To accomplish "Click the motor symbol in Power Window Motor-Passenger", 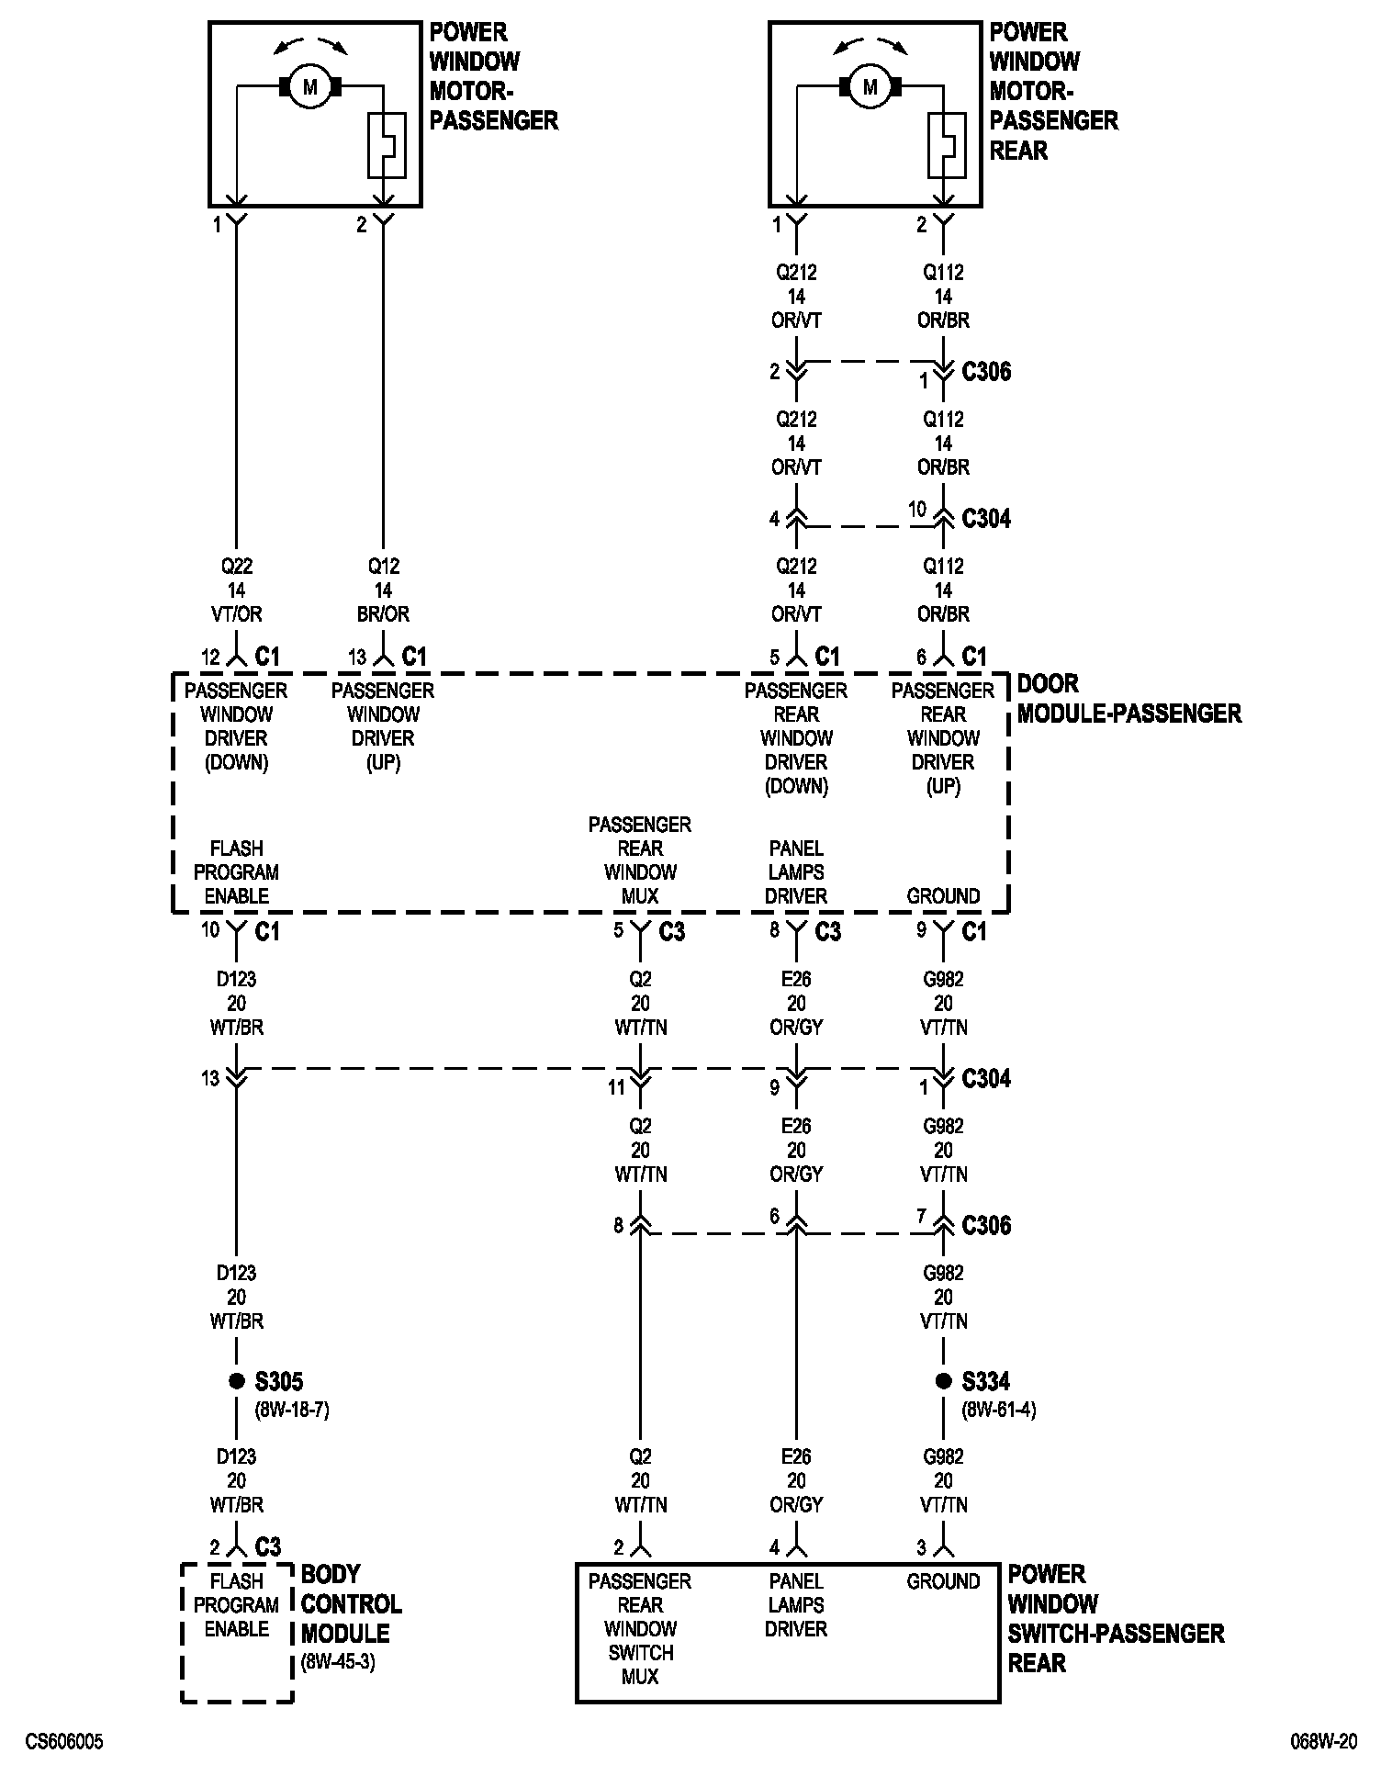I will (x=309, y=87).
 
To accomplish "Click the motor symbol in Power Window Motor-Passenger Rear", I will (x=870, y=87).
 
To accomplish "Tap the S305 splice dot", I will (x=237, y=1380).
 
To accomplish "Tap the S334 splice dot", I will (x=943, y=1380).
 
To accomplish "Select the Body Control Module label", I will (x=351, y=1603).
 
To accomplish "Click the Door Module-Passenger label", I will (x=1128, y=699).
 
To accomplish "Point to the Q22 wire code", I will (x=237, y=567).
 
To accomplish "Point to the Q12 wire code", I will (x=383, y=567).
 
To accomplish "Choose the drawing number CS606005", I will (x=64, y=1742).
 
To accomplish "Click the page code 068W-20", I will (x=1323, y=1742).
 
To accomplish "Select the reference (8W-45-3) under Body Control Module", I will (x=338, y=1662).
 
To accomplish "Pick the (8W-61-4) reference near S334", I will (x=999, y=1410).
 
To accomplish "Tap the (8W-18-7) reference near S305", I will (x=292, y=1410).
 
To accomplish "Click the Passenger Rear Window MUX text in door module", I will (x=640, y=860).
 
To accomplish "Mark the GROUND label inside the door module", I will (x=943, y=896).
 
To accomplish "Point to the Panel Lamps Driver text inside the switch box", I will (x=796, y=1605).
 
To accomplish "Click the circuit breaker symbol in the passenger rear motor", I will (x=947, y=144).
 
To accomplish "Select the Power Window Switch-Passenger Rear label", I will (x=1116, y=1618).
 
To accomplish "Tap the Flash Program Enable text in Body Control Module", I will (x=237, y=1605).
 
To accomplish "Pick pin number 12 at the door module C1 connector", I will (x=211, y=658).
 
